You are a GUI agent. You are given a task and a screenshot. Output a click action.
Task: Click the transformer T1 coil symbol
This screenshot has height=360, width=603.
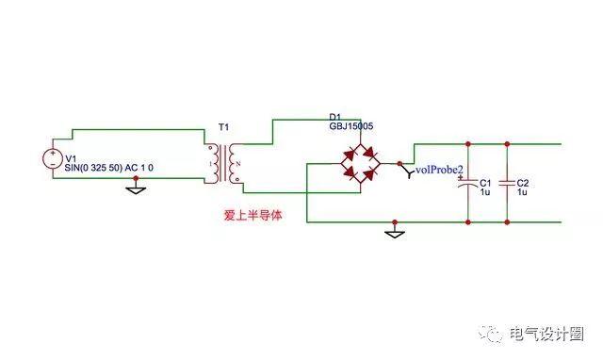(x=223, y=164)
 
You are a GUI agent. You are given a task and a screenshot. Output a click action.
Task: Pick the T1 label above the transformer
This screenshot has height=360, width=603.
(x=222, y=127)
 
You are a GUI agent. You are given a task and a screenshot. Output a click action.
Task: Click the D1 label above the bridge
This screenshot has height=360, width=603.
(x=335, y=115)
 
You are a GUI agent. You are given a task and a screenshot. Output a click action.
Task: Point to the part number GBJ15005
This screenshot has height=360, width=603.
(x=351, y=125)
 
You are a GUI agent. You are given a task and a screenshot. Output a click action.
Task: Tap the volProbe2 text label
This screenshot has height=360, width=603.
(x=439, y=170)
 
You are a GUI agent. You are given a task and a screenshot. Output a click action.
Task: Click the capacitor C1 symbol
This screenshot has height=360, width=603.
(x=468, y=185)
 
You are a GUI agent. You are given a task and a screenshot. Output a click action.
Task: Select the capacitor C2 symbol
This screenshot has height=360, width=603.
(x=507, y=185)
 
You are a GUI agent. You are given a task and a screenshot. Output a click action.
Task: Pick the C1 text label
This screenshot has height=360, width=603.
(x=485, y=182)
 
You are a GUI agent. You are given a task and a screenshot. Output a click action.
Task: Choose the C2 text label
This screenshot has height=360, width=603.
(x=524, y=182)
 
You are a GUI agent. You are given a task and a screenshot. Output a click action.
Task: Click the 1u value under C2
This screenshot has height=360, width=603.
(x=523, y=191)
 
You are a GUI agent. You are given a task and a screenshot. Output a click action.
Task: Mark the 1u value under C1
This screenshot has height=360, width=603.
(x=484, y=191)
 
